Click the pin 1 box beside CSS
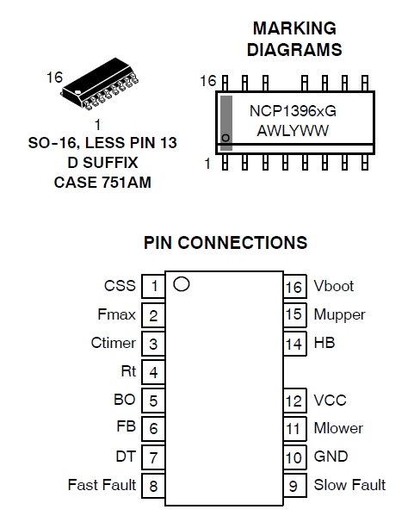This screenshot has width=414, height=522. [153, 286]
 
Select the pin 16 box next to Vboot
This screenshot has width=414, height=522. [294, 286]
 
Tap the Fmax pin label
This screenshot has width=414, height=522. [117, 314]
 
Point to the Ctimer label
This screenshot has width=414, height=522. [114, 343]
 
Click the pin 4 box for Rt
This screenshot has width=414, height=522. [153, 371]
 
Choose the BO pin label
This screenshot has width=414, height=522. [125, 400]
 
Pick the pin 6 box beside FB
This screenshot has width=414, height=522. [153, 428]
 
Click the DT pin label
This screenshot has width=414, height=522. [126, 457]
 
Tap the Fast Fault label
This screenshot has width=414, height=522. [102, 485]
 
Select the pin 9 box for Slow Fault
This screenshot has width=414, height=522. [294, 485]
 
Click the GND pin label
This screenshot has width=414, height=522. [331, 457]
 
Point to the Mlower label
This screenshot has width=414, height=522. [338, 428]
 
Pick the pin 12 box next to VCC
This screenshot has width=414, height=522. [294, 401]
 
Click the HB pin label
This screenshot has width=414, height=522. [324, 343]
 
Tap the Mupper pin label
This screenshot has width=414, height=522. [339, 315]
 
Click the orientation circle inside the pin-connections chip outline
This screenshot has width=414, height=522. [182, 284]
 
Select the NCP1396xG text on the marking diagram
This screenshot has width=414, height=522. [293, 111]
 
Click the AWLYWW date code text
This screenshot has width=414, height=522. [293, 131]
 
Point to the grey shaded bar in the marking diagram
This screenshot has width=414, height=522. [226, 123]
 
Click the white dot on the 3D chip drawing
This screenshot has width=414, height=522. [77, 92]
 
